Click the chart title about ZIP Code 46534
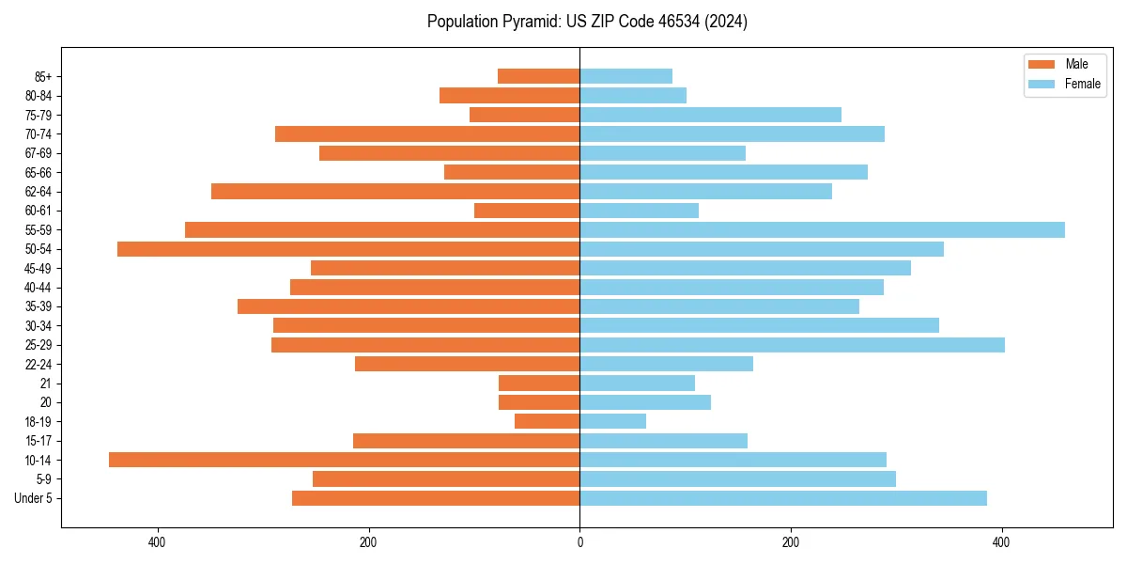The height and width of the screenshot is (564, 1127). point(587,22)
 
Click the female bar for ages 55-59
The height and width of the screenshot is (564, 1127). point(822,230)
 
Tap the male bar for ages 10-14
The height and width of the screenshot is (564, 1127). point(344,460)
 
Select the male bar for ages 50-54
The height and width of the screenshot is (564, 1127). point(348,249)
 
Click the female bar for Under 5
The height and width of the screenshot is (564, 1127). point(783,498)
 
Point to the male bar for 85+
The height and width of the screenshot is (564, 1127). point(538,76)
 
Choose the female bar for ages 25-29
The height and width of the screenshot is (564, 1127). point(792,345)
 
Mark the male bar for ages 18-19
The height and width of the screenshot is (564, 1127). point(547,421)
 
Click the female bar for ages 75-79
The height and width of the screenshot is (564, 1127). point(710,115)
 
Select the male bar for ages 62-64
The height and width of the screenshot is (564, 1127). point(395,192)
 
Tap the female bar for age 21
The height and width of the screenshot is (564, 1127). point(637,384)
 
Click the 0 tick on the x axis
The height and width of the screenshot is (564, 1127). point(579,542)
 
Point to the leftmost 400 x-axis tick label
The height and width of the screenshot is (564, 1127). point(157,542)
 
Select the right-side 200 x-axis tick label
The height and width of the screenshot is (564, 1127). point(791,542)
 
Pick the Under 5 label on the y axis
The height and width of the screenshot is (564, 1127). point(33,498)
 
